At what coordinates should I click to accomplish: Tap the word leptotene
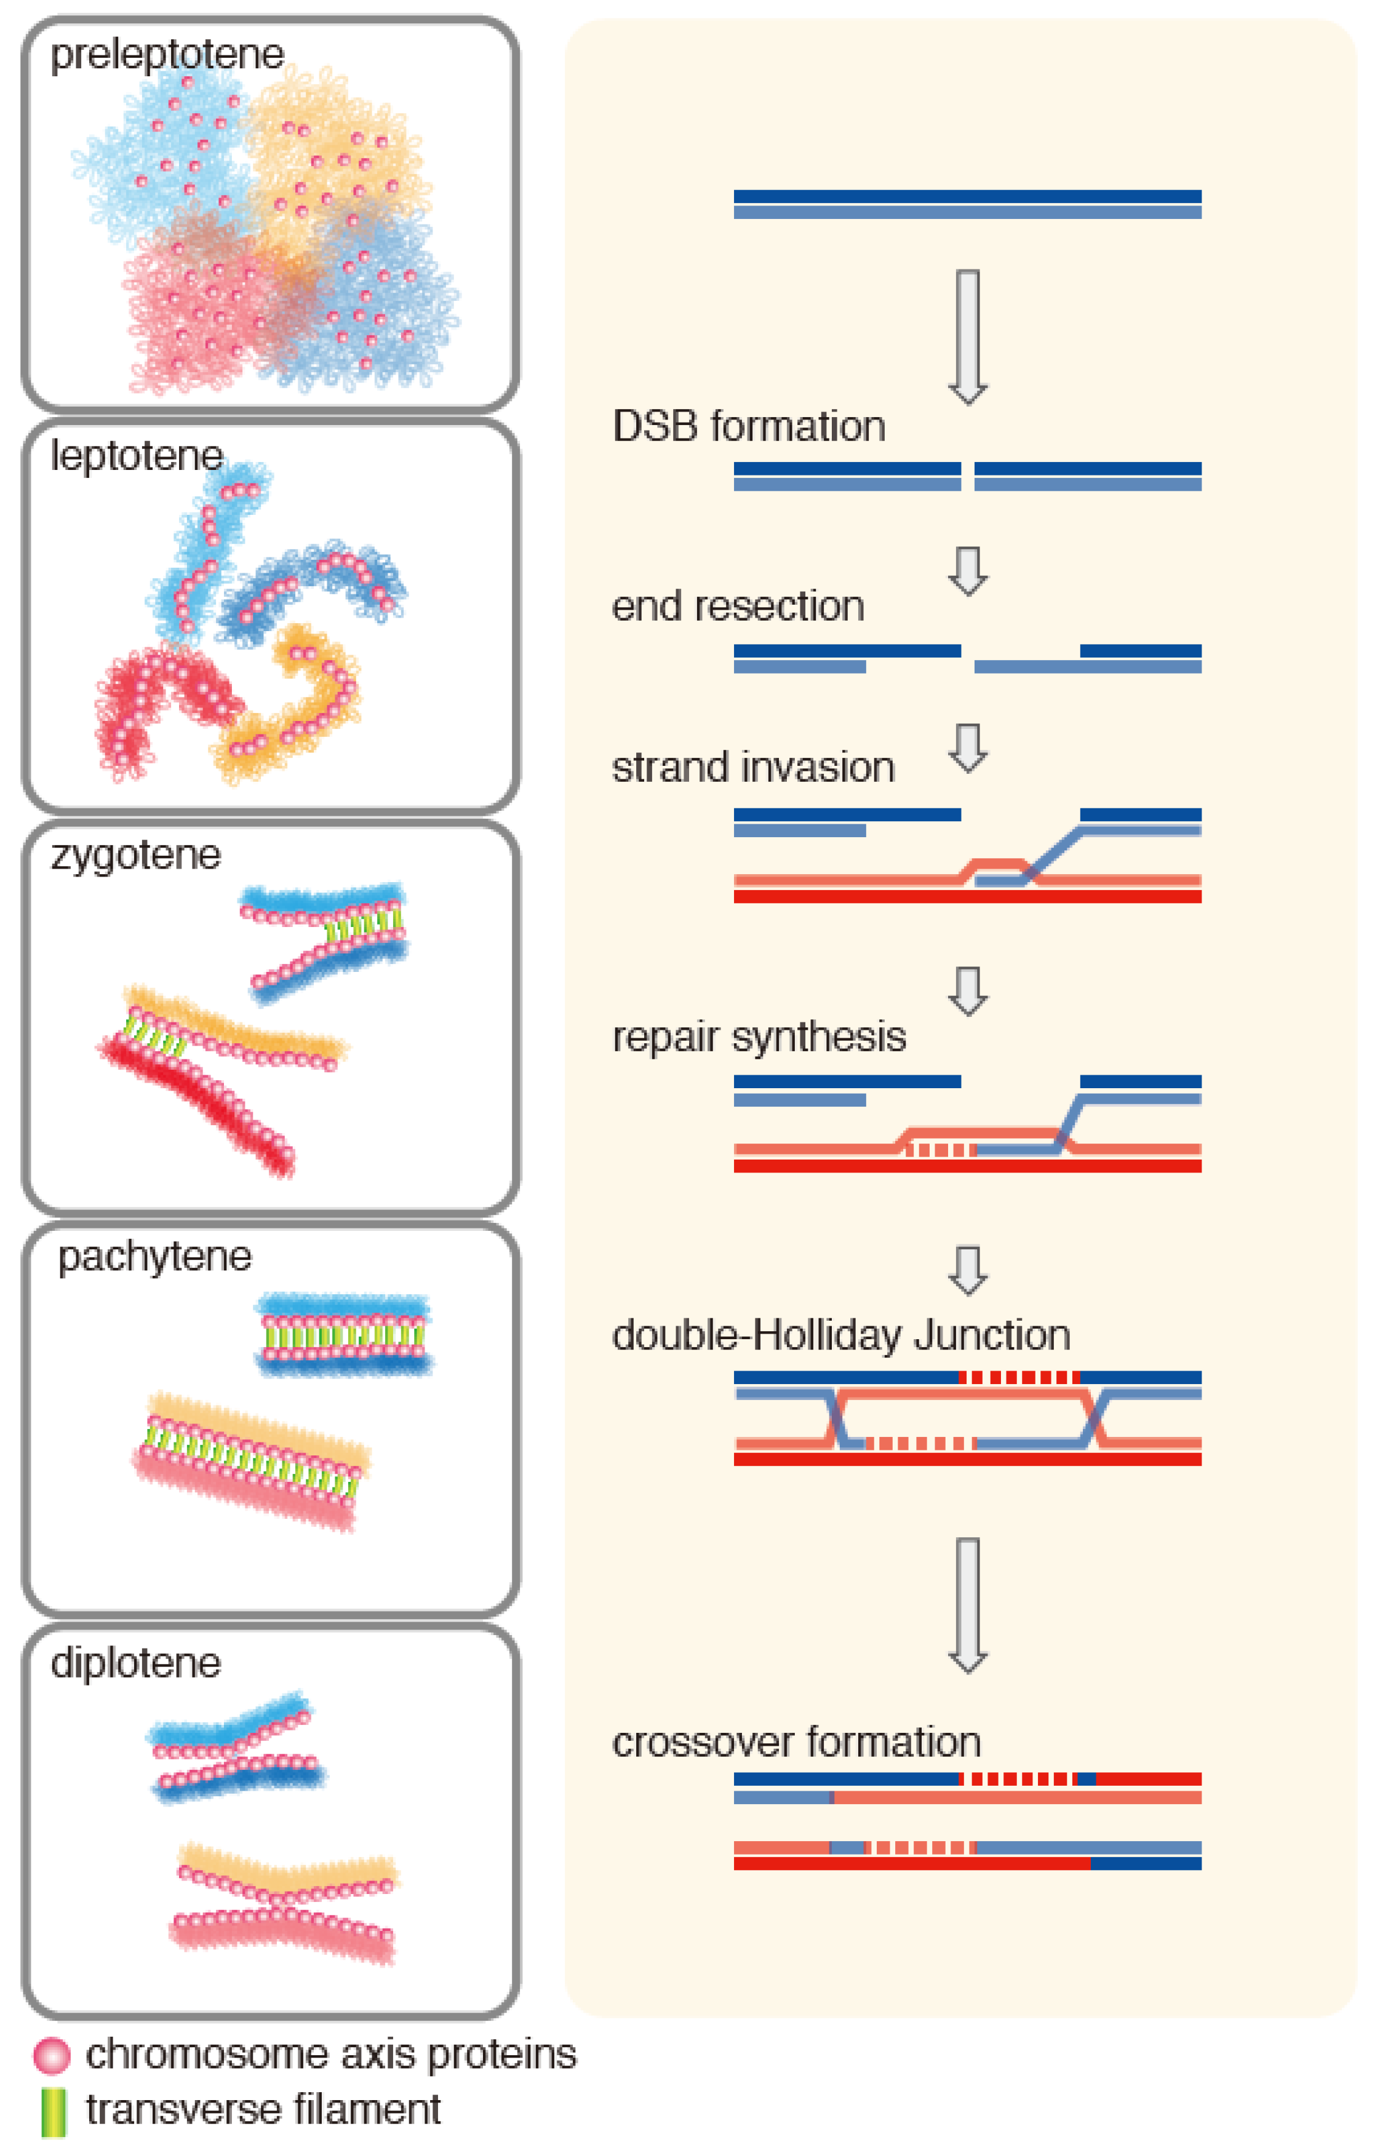136,456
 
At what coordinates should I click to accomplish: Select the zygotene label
135,855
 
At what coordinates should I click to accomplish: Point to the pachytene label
154,1256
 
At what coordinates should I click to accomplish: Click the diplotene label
135,1663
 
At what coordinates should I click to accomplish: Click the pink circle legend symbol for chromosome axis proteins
51,2055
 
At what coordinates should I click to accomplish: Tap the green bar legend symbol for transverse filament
54,2112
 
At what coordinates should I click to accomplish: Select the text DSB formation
748,426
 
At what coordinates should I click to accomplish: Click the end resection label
738,607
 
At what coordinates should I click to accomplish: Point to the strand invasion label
752,768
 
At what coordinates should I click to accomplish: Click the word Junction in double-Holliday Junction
991,1335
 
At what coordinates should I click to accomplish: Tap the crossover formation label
796,1741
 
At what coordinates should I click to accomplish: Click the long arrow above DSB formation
967,336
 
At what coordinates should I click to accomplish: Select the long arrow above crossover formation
967,1604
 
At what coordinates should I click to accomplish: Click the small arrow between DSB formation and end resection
967,570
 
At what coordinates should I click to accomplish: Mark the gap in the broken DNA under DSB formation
967,476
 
